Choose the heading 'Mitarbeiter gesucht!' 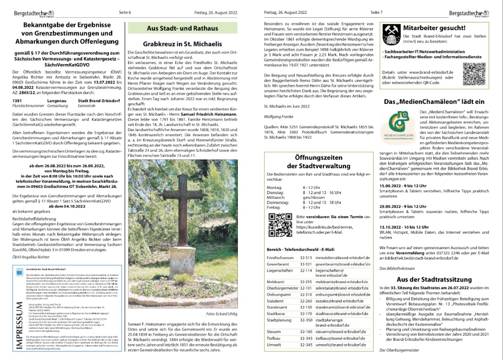pos(438,28)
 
